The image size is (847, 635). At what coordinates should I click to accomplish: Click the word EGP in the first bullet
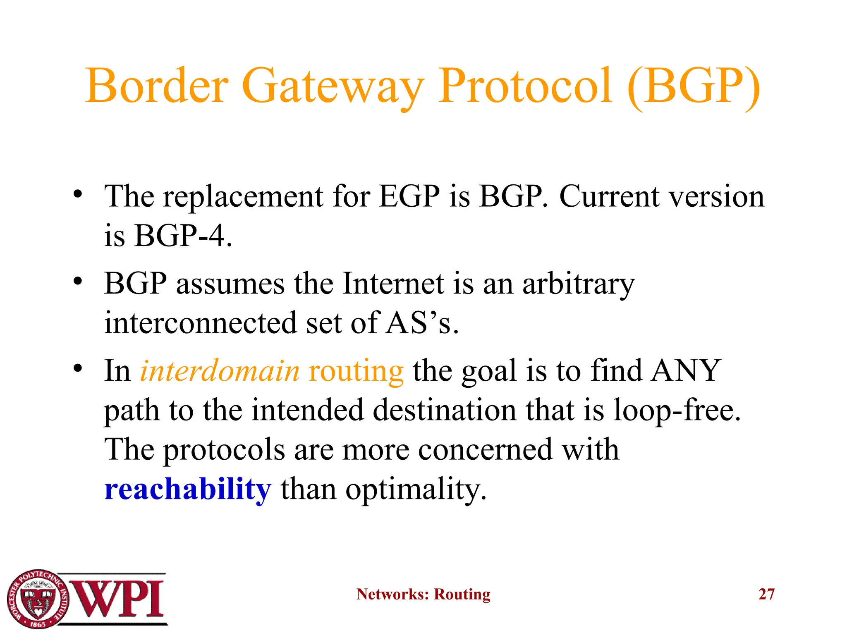pos(409,196)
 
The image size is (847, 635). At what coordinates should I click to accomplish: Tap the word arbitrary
pos(578,285)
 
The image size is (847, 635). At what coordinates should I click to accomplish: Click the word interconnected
pos(200,323)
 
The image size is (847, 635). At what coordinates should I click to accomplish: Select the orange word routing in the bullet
pos(356,372)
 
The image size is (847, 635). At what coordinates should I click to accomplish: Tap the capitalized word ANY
pos(686,370)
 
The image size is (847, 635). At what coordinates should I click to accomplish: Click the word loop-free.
pos(677,411)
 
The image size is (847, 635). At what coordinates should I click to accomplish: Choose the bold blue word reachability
pos(188,489)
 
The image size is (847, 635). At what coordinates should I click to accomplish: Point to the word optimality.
pos(416,490)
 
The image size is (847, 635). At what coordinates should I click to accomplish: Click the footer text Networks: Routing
pos(423,594)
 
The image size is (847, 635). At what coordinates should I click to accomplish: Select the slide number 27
pos(766,594)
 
